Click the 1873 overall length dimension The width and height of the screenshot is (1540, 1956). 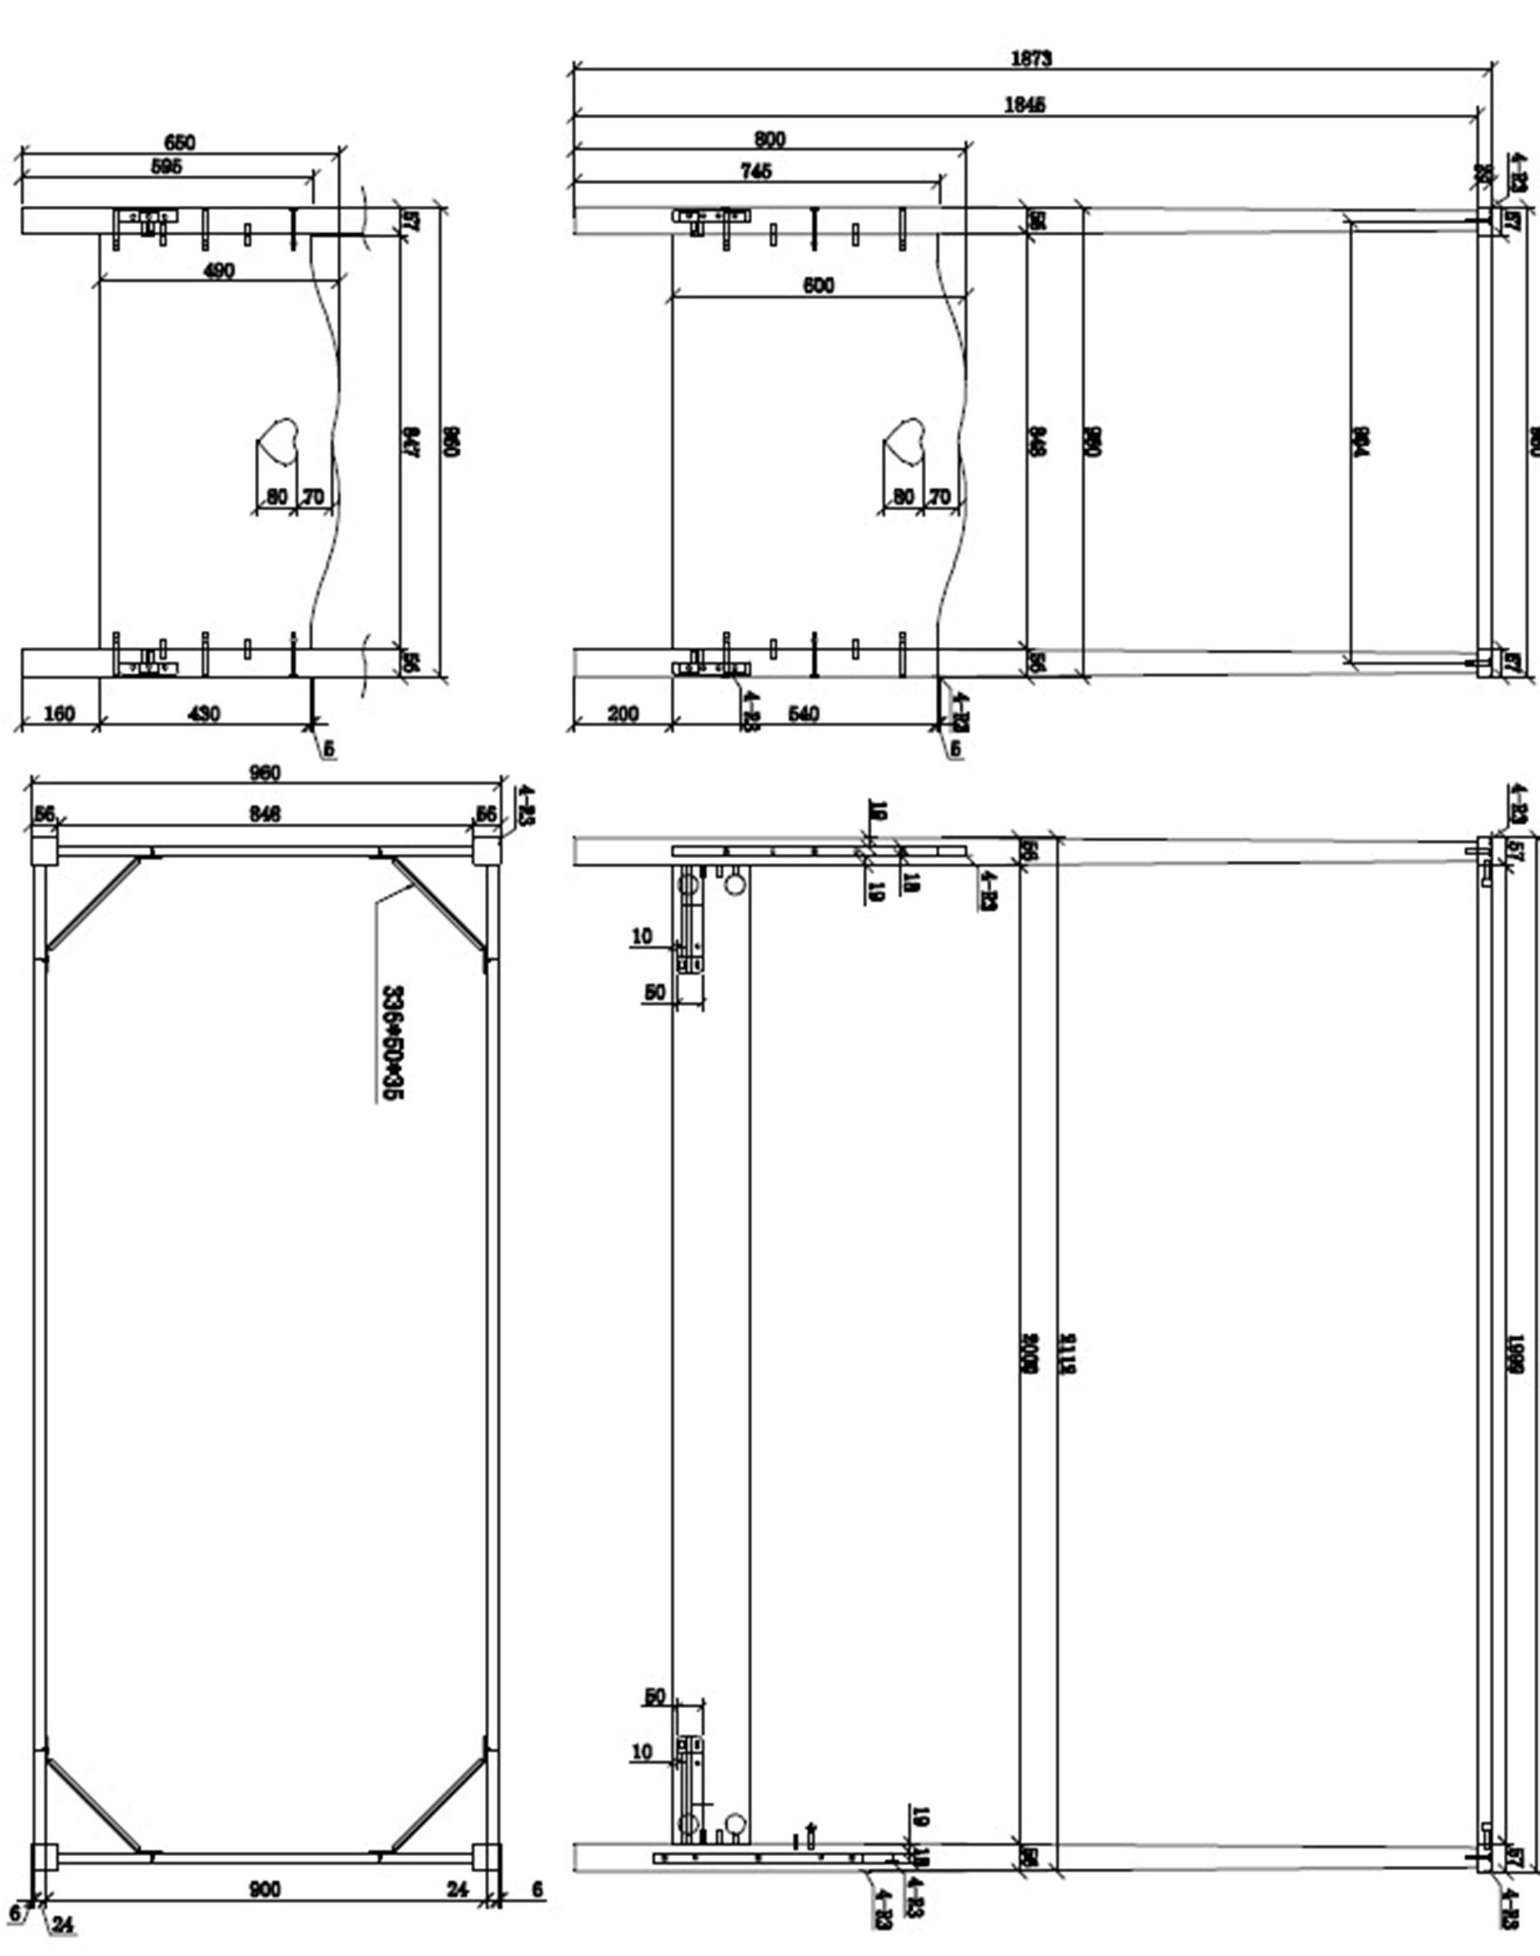click(1031, 59)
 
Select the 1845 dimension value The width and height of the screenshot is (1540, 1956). click(1025, 105)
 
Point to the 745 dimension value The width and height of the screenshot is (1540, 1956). click(756, 171)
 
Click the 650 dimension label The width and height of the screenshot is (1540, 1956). click(179, 142)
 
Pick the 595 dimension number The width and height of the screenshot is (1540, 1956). click(167, 166)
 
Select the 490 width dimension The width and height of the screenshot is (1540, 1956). click(219, 270)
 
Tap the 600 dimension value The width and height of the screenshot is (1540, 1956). click(818, 285)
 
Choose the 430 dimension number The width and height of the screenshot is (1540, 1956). click(204, 713)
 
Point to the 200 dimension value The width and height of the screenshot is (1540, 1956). click(623, 713)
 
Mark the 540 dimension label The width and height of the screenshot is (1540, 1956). click(803, 713)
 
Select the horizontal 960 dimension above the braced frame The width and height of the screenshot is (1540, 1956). click(264, 773)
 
